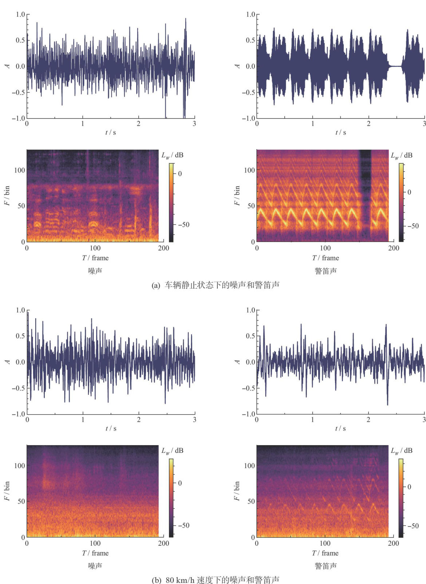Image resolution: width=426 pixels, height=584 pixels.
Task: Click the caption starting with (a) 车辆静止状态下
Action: [x=216, y=285]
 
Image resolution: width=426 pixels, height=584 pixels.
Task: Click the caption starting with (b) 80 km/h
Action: [x=216, y=580]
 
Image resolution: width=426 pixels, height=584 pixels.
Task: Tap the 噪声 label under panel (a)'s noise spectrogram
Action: [x=95, y=271]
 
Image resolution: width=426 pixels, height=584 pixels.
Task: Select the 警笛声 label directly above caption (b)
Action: [x=326, y=566]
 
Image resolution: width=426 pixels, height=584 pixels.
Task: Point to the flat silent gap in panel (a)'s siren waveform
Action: [x=395, y=66]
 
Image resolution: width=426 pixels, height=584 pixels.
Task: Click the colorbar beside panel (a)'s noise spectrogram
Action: [x=171, y=203]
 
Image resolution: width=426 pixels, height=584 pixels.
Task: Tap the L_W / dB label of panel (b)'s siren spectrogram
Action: [x=402, y=451]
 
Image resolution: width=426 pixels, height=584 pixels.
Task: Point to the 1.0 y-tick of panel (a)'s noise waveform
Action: [x=20, y=15]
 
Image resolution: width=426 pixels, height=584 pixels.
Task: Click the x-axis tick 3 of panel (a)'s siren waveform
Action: [x=424, y=124]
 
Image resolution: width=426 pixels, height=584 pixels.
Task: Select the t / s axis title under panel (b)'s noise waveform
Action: [x=111, y=428]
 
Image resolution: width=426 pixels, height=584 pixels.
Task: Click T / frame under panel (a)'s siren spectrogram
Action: [x=325, y=258]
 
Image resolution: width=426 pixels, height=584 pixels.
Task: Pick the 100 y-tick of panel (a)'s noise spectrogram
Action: [x=20, y=170]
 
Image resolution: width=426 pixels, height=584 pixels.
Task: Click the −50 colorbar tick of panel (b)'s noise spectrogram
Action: [x=182, y=525]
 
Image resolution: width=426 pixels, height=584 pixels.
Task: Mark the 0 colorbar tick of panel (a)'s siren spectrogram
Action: [x=409, y=192]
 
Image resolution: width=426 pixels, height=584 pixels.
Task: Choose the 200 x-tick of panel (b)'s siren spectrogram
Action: [x=393, y=544]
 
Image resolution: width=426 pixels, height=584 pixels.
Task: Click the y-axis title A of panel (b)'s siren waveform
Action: [x=237, y=362]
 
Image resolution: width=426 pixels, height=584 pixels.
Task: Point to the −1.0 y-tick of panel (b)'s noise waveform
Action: [x=18, y=414]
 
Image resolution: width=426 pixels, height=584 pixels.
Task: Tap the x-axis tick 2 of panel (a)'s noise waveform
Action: [x=138, y=124]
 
